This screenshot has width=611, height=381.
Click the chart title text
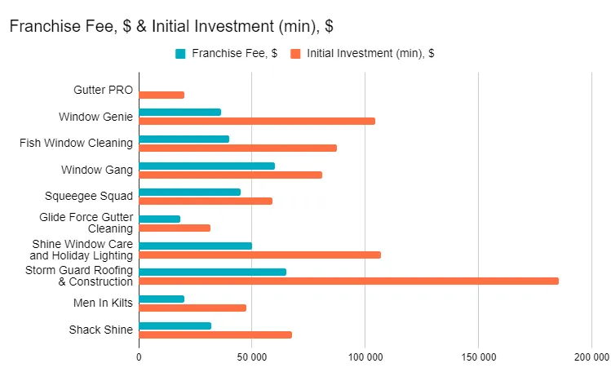point(170,26)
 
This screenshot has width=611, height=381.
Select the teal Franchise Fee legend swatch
point(181,54)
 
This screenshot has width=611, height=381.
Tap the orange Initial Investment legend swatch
point(295,54)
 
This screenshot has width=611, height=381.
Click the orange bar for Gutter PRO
point(162,95)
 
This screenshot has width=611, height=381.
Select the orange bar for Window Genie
point(257,122)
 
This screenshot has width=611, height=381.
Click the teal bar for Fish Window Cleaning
point(184,139)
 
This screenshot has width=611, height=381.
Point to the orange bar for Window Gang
point(230,175)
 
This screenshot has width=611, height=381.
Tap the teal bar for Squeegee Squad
point(189,192)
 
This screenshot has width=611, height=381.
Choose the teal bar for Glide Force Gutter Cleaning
point(159,219)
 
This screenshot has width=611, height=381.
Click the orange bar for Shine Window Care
point(259,255)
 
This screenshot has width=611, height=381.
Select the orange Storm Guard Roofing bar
point(348,281)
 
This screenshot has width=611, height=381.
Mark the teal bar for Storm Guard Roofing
point(212,272)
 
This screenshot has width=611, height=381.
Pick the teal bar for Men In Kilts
point(162,299)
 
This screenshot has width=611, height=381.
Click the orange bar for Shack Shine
point(215,334)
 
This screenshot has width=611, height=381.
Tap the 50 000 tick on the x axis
point(252,357)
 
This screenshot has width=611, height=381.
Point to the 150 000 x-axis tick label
point(478,357)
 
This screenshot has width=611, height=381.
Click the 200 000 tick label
point(591,357)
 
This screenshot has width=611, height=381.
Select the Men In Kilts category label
point(102,303)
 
